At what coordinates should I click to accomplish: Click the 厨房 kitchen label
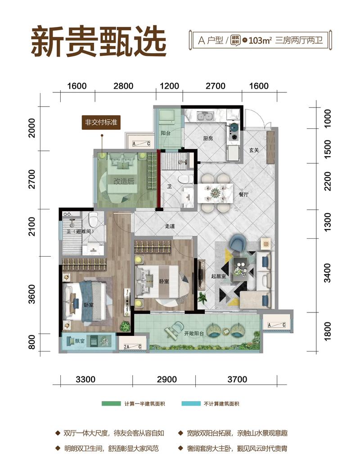point(208,138)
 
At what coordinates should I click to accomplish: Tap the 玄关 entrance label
point(254,150)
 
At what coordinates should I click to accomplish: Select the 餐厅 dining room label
point(243,195)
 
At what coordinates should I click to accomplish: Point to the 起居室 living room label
point(218,276)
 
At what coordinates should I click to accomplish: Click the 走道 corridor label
point(170,226)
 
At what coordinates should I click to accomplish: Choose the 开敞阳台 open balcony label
point(194,334)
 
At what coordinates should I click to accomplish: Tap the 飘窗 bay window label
point(80,341)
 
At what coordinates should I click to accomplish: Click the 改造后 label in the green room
point(124,181)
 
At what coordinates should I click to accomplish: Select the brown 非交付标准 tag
point(101,122)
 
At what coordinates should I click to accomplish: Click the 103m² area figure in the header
point(260,40)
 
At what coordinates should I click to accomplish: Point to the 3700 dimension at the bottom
point(237,379)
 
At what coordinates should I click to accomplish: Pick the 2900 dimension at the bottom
point(167,379)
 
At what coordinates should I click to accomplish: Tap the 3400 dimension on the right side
point(327,273)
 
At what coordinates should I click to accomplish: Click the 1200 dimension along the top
point(170,86)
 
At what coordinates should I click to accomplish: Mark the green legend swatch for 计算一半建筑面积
point(111,403)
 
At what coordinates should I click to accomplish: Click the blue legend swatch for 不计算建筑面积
point(191,403)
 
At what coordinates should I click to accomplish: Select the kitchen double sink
point(206,116)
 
